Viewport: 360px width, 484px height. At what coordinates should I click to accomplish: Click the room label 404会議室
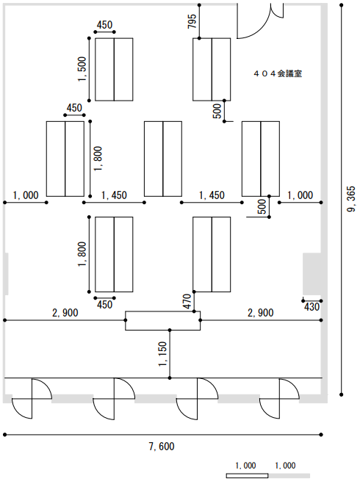[278, 73]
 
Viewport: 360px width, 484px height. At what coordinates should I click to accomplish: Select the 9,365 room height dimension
[351, 199]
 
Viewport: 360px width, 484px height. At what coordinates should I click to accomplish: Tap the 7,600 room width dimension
[162, 447]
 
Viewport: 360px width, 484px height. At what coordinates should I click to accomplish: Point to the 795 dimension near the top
[192, 21]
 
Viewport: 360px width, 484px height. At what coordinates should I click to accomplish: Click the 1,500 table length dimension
[82, 69]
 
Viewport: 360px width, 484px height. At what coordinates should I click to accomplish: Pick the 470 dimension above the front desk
[187, 301]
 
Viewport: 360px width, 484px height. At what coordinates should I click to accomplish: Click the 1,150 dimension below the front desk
[162, 354]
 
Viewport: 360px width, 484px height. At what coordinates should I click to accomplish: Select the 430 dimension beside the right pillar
[312, 307]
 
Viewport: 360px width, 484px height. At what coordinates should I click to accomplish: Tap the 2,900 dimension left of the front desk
[65, 313]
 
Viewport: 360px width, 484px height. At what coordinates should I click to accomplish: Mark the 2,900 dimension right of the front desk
[260, 313]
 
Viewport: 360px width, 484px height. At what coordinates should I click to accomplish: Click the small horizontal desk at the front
[162, 321]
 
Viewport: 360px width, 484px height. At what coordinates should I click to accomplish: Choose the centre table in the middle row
[163, 159]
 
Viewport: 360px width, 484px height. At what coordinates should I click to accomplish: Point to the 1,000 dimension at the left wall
[26, 195]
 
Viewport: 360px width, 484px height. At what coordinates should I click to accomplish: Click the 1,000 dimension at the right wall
[300, 195]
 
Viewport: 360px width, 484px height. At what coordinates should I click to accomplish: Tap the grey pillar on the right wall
[312, 274]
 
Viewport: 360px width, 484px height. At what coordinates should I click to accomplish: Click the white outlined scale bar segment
[247, 476]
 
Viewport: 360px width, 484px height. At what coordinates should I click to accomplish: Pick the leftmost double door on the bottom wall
[32, 399]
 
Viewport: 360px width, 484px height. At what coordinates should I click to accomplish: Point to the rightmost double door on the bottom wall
[279, 399]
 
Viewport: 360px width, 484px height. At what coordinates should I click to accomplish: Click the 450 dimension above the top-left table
[104, 25]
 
